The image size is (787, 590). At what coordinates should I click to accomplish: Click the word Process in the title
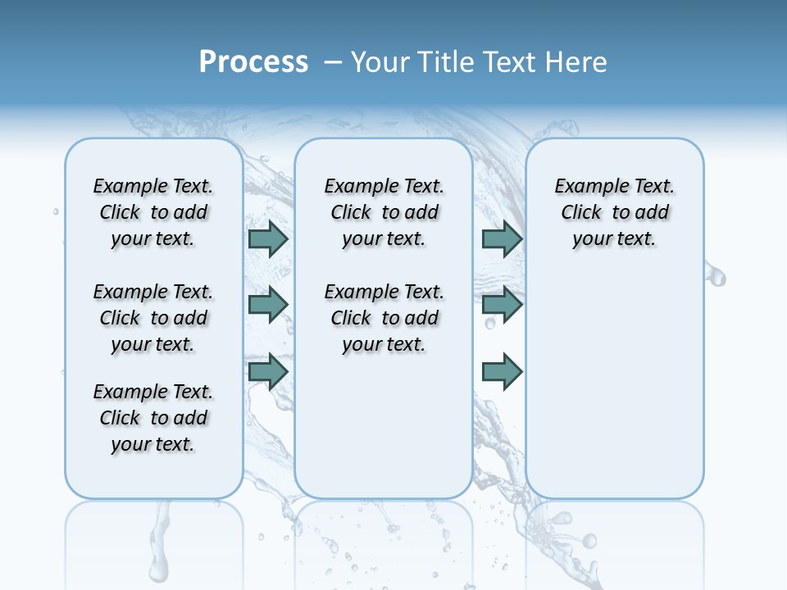253,61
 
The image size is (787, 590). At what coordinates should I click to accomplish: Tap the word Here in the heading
578,61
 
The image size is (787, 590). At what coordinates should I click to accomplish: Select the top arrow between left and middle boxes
268,238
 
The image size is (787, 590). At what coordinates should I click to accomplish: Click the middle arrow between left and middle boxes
268,305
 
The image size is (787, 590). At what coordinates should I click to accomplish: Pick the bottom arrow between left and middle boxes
268,371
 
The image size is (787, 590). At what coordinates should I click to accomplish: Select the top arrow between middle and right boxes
502,238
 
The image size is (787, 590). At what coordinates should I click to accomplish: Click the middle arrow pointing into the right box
502,305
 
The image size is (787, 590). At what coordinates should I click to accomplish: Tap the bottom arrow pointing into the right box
502,371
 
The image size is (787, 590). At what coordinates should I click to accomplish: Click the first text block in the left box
153,212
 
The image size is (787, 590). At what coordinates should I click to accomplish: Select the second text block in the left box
153,318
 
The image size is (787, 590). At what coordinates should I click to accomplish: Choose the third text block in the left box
153,418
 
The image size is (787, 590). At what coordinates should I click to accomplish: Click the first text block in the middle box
384,212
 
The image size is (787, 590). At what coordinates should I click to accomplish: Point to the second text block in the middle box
384,318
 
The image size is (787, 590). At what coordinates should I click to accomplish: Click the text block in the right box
615,212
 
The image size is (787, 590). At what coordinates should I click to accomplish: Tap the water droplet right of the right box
716,277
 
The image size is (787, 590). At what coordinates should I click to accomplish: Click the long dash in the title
333,61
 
